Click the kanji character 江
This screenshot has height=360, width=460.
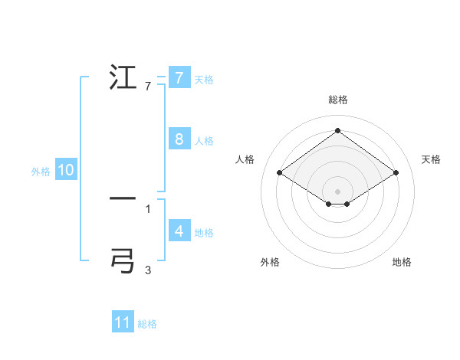click(x=123, y=79)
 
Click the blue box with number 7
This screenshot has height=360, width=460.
click(x=179, y=78)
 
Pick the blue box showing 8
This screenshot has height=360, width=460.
click(x=179, y=139)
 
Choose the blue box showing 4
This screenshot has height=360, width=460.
click(x=179, y=231)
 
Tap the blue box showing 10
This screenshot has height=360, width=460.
click(x=66, y=171)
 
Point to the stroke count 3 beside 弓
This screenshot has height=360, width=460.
click(x=148, y=270)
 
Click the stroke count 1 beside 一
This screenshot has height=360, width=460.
click(x=148, y=208)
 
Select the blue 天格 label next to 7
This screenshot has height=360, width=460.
click(x=204, y=79)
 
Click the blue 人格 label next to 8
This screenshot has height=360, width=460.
click(x=204, y=140)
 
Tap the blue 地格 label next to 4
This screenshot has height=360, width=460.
click(x=204, y=232)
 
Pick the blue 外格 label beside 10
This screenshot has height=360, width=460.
click(x=41, y=172)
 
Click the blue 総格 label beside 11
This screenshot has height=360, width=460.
click(x=147, y=323)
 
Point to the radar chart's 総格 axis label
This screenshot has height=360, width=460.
click(x=338, y=100)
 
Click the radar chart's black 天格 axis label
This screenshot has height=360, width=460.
click(x=431, y=159)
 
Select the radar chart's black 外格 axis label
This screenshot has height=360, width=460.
click(x=270, y=262)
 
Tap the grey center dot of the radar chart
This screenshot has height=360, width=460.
click(x=338, y=191)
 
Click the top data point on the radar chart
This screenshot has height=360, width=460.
click(x=338, y=130)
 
